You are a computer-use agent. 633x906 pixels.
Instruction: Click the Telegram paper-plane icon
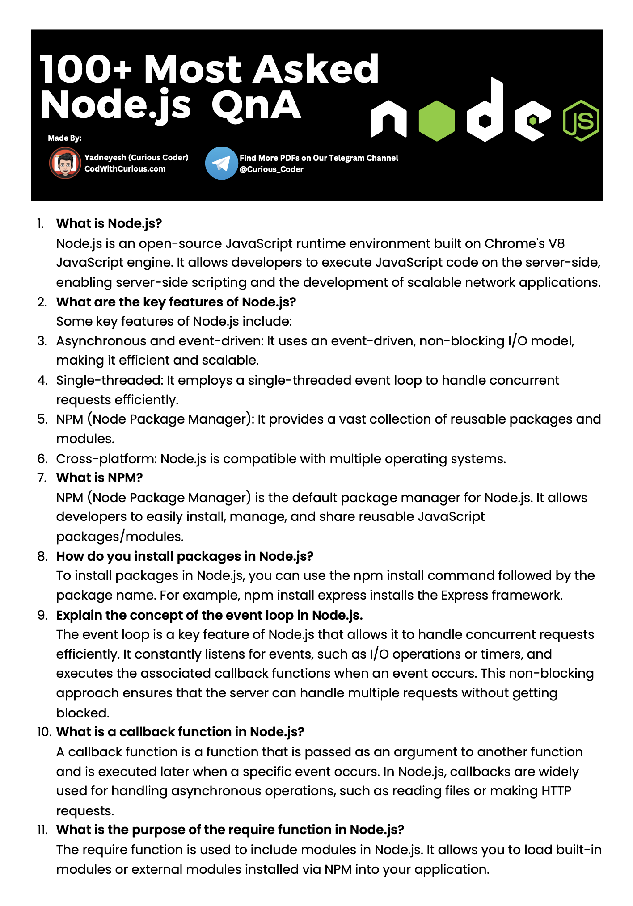click(221, 163)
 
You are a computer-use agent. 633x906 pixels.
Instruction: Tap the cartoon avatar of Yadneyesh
click(65, 163)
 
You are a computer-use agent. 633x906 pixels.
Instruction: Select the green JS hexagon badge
click(580, 121)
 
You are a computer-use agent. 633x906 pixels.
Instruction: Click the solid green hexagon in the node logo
click(437, 121)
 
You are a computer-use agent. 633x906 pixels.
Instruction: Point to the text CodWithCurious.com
click(125, 169)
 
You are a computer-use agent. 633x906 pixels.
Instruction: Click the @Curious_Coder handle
click(271, 169)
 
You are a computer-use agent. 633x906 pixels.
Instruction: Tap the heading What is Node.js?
click(109, 223)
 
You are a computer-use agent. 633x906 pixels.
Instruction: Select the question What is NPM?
click(99, 478)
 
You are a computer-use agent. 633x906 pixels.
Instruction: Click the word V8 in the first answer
click(556, 243)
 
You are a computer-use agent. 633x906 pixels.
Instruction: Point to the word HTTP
click(557, 791)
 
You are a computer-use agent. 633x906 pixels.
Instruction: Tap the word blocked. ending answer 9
click(83, 713)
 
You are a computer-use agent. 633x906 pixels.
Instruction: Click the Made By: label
click(65, 138)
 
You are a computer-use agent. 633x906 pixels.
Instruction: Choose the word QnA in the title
click(256, 105)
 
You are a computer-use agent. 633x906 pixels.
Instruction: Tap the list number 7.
click(42, 478)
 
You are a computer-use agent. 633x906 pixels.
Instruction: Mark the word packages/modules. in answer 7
click(120, 536)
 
